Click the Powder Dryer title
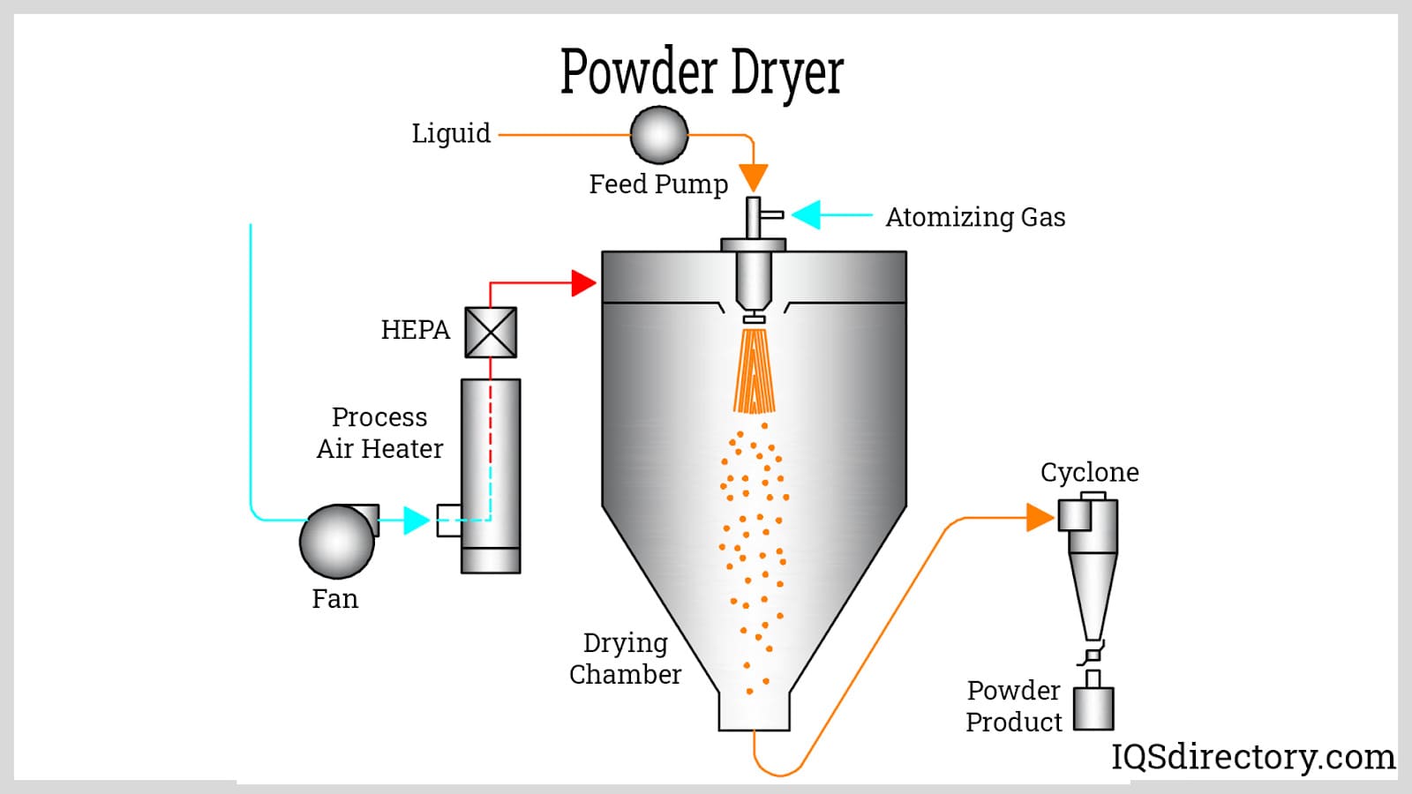pos(702,72)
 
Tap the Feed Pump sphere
pos(658,135)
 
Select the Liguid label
pos(451,133)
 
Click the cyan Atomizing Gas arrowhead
pos(807,214)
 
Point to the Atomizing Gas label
pos(975,217)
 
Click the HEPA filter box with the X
pos(491,332)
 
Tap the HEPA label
pos(415,330)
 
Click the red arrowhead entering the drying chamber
pos(583,283)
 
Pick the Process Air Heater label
pos(379,432)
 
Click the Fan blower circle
pos(337,541)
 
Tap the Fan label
pos(334,599)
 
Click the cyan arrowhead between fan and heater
pos(416,520)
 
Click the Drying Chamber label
pos(625,658)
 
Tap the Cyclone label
pos(1089,472)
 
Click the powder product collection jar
pos(1093,708)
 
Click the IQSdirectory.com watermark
pos(1252,757)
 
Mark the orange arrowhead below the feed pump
pos(753,178)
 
